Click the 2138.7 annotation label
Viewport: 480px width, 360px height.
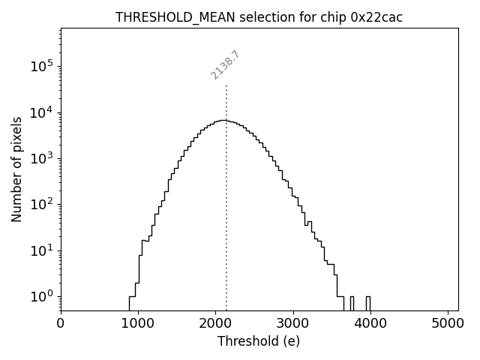225,65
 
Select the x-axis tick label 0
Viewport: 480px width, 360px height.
61,324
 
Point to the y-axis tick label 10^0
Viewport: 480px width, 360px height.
42,296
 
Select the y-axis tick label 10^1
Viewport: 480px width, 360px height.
42,250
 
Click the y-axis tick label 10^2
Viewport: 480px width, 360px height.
42,204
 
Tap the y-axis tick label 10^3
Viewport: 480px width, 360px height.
42,158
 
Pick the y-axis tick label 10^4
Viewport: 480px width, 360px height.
42,112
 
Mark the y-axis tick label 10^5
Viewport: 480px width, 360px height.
42,66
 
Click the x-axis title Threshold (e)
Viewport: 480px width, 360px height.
259,341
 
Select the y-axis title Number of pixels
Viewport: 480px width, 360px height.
16,169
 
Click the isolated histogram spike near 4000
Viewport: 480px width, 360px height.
367,302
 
